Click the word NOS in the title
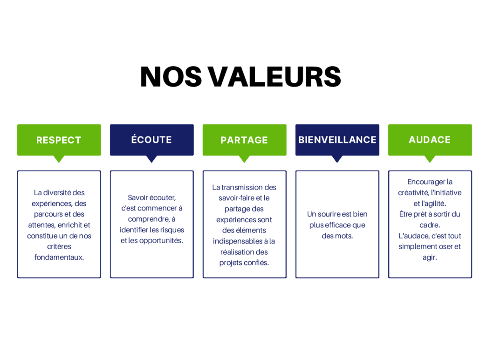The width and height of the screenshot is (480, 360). [x=171, y=76]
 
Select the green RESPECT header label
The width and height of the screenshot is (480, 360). [x=59, y=140]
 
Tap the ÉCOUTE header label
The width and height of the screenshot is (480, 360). [x=151, y=139]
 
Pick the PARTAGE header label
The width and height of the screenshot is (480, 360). [x=244, y=140]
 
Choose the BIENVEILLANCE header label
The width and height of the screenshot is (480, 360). [x=337, y=140]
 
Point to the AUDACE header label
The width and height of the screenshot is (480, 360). [x=430, y=140]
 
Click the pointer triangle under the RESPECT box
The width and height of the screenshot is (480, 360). [x=59, y=158]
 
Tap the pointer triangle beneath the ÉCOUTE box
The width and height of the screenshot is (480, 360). [x=151, y=158]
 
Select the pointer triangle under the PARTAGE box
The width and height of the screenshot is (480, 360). [x=244, y=158]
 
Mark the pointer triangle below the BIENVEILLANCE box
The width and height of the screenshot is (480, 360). [x=337, y=158]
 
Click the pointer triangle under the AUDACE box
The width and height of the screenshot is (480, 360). [x=430, y=158]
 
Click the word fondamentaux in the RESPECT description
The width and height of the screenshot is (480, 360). [x=59, y=257]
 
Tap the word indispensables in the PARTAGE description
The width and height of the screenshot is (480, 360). [x=238, y=241]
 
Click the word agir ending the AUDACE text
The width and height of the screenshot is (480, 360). [x=430, y=258]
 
